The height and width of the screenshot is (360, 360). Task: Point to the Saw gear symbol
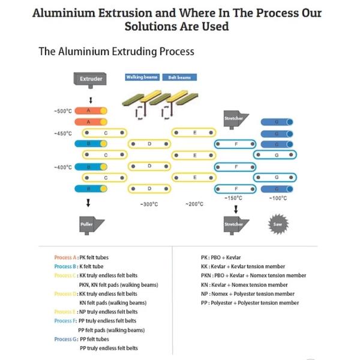277,224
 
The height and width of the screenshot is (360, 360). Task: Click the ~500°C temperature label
63,112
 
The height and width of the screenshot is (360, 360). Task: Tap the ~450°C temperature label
63,133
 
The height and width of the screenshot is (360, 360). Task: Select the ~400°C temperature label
63,167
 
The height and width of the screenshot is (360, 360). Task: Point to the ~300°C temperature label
149,204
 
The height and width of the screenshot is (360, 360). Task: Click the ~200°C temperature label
194,204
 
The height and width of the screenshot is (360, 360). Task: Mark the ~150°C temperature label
233,197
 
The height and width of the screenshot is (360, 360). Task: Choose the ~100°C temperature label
277,197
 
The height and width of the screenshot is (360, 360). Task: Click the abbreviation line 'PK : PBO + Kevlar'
221,257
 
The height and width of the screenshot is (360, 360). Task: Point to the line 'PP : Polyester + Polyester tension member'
250,303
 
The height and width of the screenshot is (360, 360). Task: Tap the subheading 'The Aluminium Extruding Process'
116,52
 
